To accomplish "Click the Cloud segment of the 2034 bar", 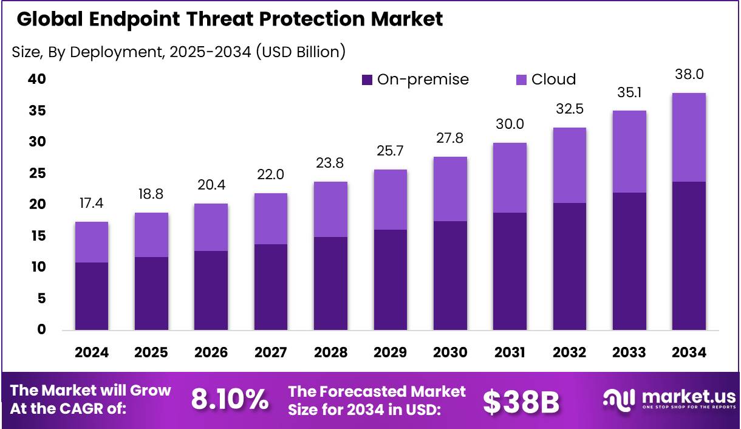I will coord(689,137).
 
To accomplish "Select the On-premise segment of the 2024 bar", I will coord(92,297).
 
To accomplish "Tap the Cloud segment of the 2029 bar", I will coord(391,199).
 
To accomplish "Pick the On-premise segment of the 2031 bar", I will coord(510,271).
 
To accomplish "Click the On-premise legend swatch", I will coord(367,80).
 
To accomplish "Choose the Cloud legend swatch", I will coord(521,80).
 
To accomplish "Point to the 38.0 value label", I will coord(689,75).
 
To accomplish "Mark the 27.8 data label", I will coord(450,139).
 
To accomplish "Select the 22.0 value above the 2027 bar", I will coord(271,175).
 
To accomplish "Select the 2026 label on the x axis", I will coord(211,352).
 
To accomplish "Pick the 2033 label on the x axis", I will coord(629,352).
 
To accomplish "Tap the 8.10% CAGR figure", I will coord(230,399).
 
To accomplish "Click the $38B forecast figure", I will coord(521,400).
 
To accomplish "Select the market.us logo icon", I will coord(617,399).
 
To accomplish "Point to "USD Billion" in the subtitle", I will coord(299,52).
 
